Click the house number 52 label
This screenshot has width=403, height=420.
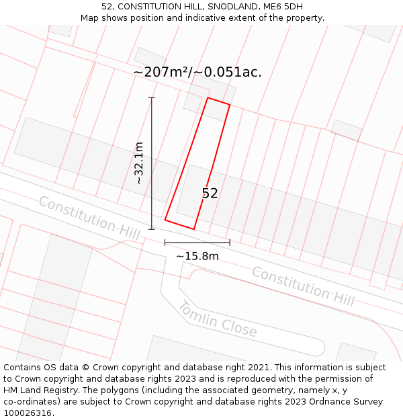click(x=210, y=194)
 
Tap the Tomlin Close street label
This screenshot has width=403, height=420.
click(x=217, y=319)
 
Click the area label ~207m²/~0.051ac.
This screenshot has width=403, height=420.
click(x=197, y=73)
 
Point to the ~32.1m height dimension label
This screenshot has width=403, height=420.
click(x=139, y=163)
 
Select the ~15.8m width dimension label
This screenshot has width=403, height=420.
click(x=197, y=256)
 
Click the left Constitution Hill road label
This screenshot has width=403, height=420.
click(x=89, y=218)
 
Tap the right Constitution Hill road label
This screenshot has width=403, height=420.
click(x=303, y=286)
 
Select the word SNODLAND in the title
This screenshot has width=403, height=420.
click(x=232, y=7)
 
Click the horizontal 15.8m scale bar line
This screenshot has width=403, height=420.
click(x=197, y=242)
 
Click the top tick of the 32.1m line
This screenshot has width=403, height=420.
click(x=152, y=98)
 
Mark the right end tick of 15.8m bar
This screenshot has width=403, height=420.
click(x=230, y=242)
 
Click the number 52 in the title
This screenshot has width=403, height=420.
click(x=107, y=7)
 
